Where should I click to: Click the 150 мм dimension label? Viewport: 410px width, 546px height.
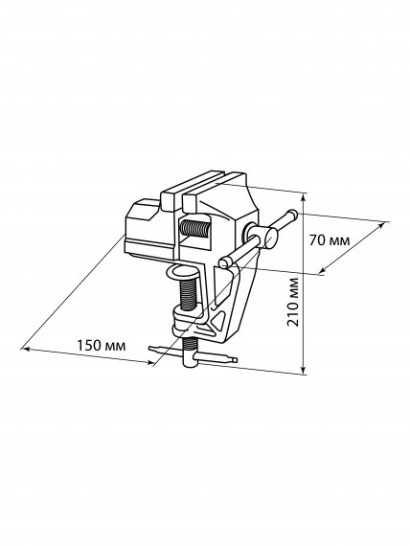tap(101, 346)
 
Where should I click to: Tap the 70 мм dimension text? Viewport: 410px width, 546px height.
tap(330, 240)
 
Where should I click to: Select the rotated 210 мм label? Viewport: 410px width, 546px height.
tap(293, 302)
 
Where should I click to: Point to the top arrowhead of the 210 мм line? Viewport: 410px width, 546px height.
tap(304, 197)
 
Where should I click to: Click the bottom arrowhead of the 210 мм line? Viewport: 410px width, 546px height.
tap(304, 370)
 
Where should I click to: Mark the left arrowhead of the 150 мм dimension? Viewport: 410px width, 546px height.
tap(24, 349)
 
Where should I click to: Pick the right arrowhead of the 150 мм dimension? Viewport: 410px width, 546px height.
tap(149, 363)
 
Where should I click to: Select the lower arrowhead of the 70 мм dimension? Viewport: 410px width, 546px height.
tap(323, 269)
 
